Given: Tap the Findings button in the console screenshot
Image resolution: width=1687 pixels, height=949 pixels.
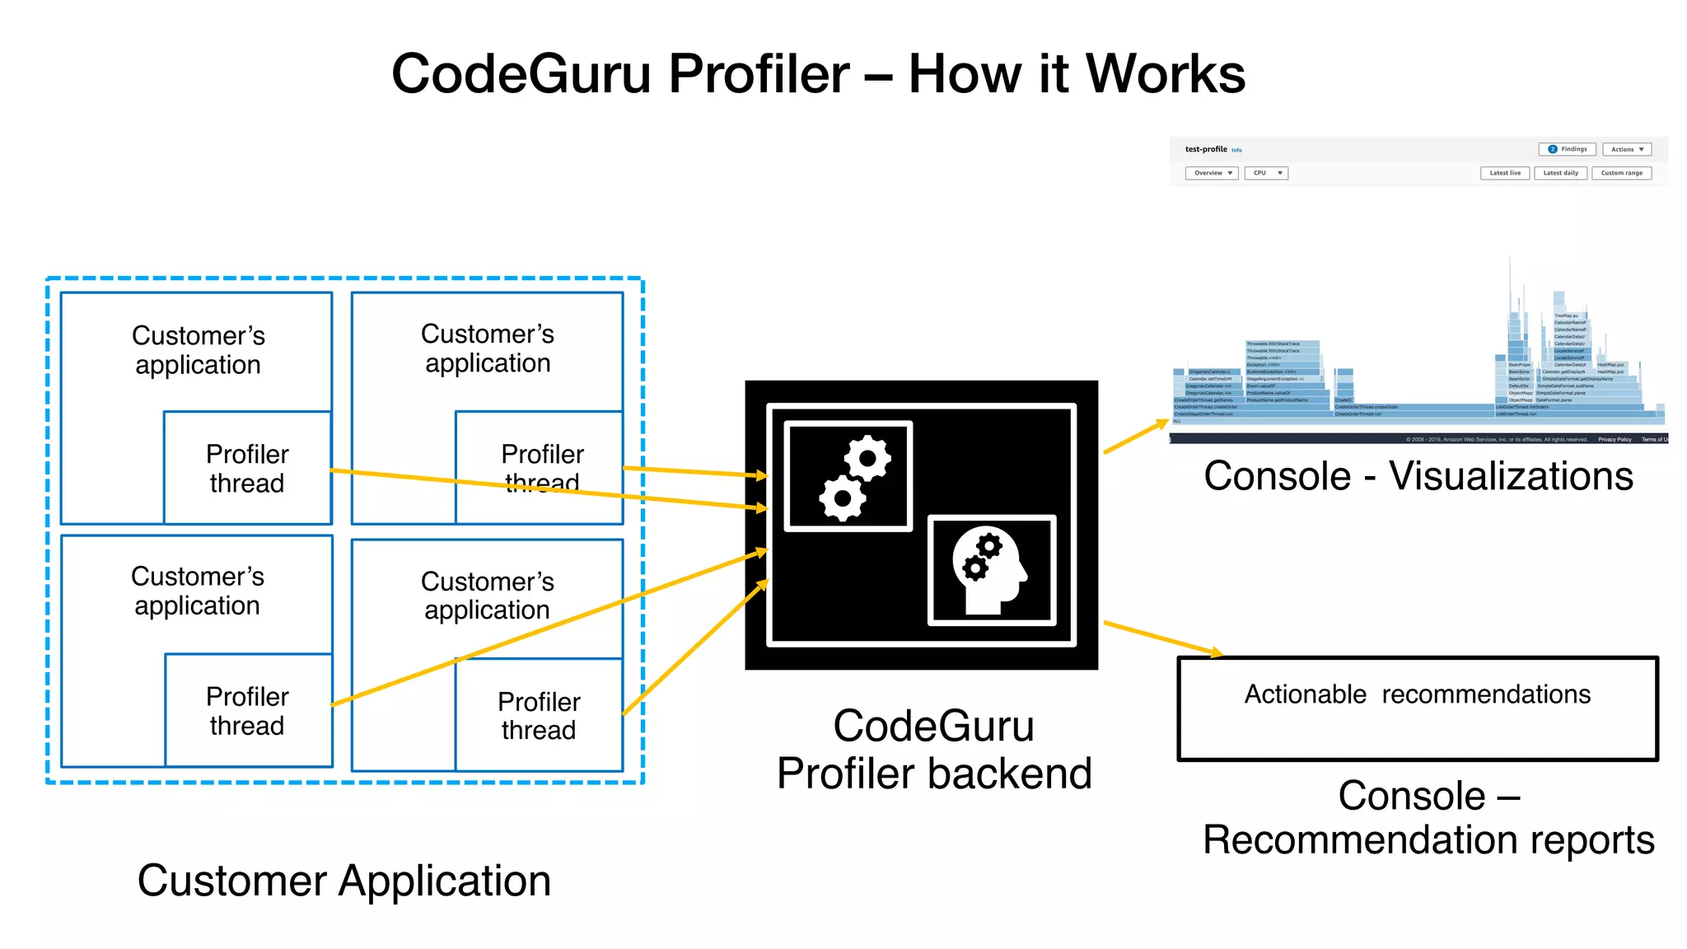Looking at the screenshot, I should coord(1567,149).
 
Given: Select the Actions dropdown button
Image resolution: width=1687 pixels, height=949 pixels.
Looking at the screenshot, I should coord(1627,149).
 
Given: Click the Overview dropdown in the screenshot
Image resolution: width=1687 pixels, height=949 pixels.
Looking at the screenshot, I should coord(1212,173).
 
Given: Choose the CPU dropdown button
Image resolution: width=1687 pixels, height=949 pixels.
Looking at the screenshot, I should coord(1266,173).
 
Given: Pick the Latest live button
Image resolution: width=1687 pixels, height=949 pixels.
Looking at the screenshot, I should coord(1505,173).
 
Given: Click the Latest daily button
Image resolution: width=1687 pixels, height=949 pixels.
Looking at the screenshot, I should coord(1560,173).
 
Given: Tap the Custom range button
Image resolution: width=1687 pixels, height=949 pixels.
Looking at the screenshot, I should coord(1621,173).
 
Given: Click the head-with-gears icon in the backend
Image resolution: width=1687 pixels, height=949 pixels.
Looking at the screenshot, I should coord(991,570).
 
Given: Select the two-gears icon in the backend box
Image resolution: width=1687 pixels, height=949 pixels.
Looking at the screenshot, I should coord(848,476).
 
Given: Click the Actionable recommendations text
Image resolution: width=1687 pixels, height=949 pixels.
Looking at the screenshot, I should coord(1417,694).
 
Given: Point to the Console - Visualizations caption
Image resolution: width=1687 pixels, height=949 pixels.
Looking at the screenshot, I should coord(1418,476).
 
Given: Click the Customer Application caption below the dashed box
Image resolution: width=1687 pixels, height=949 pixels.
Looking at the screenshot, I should coord(344,881).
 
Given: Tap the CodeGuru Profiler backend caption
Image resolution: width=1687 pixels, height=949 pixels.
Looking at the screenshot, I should coord(933,750).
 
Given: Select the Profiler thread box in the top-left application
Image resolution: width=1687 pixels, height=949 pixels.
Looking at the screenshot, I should coord(247,468).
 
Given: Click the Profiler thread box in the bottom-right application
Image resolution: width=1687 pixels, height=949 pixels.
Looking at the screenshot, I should coord(539,715).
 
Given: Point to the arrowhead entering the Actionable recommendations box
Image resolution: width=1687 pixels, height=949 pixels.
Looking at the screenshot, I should coord(1216,653).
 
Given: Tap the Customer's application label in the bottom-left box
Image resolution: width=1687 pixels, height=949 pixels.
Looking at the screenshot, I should coord(198,591).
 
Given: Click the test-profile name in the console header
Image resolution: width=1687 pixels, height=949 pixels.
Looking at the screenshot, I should coord(1205,149).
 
